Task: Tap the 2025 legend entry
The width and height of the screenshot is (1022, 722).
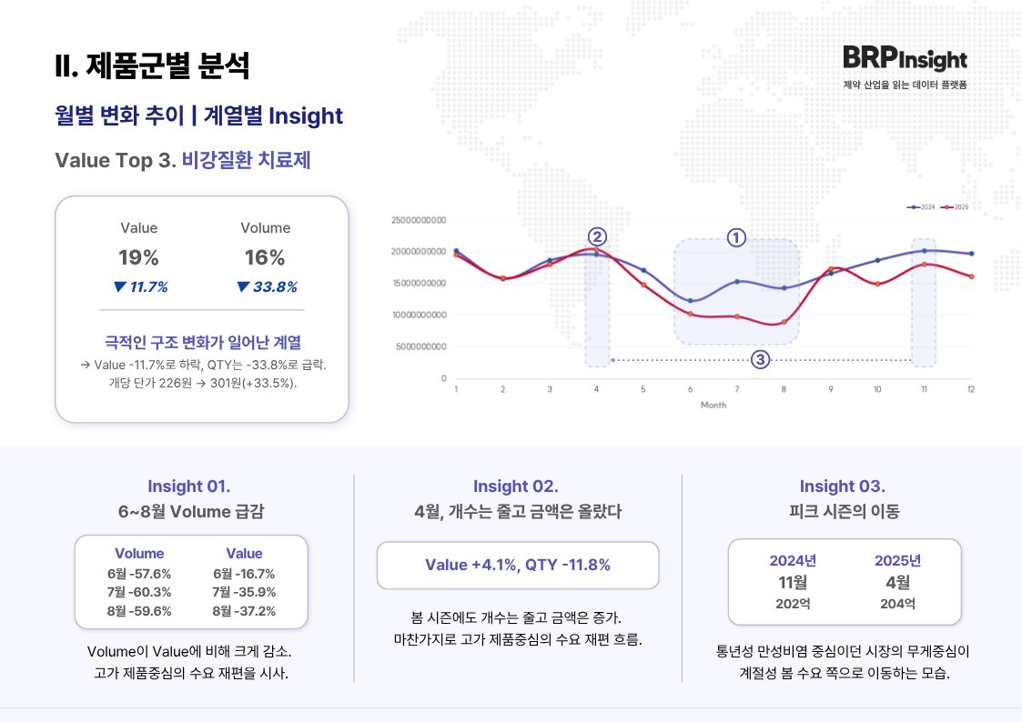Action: (x=955, y=207)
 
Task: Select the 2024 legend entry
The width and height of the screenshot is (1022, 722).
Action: (x=922, y=207)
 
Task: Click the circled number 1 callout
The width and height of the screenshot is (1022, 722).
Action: (x=736, y=238)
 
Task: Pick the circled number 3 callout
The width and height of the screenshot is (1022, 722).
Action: (x=761, y=360)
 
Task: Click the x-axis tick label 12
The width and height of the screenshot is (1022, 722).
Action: (x=971, y=389)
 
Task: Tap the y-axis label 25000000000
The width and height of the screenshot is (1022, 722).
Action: (x=419, y=220)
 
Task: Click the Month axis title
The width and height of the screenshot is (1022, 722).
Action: (x=713, y=405)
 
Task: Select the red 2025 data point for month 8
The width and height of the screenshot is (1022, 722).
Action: (x=784, y=322)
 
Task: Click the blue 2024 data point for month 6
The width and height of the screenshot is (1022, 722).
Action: (x=691, y=300)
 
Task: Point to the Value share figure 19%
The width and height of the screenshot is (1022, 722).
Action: (x=138, y=257)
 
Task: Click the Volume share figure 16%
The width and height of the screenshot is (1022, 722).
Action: (x=265, y=257)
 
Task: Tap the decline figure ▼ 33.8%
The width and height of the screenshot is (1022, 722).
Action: (x=267, y=287)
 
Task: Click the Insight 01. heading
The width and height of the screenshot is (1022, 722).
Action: (x=189, y=486)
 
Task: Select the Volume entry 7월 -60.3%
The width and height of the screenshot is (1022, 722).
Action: (x=139, y=592)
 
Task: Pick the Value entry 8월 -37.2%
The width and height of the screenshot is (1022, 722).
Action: (x=244, y=610)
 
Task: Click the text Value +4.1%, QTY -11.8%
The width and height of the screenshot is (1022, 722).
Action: (x=517, y=565)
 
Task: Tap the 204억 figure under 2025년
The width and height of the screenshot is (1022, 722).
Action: (x=897, y=604)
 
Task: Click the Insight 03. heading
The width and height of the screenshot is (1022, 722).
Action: (x=842, y=486)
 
